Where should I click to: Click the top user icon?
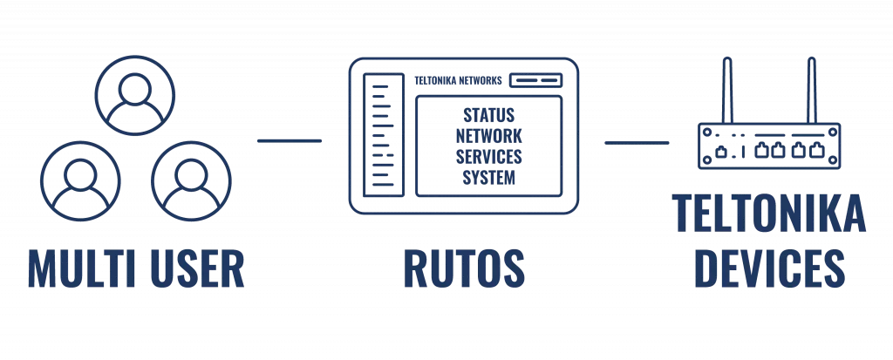[x=134, y=95]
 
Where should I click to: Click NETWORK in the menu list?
[x=488, y=136]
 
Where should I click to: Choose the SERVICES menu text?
[x=488, y=157]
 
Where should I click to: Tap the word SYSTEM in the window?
[x=488, y=178]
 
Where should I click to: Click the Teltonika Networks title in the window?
[x=460, y=80]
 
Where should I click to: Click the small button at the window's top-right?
[x=535, y=80]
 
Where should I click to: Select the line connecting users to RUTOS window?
[x=290, y=140]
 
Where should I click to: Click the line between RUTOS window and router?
[x=637, y=140]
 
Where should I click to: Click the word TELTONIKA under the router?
[x=768, y=214]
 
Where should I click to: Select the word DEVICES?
[x=768, y=268]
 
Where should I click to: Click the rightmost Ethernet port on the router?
[x=817, y=151]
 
